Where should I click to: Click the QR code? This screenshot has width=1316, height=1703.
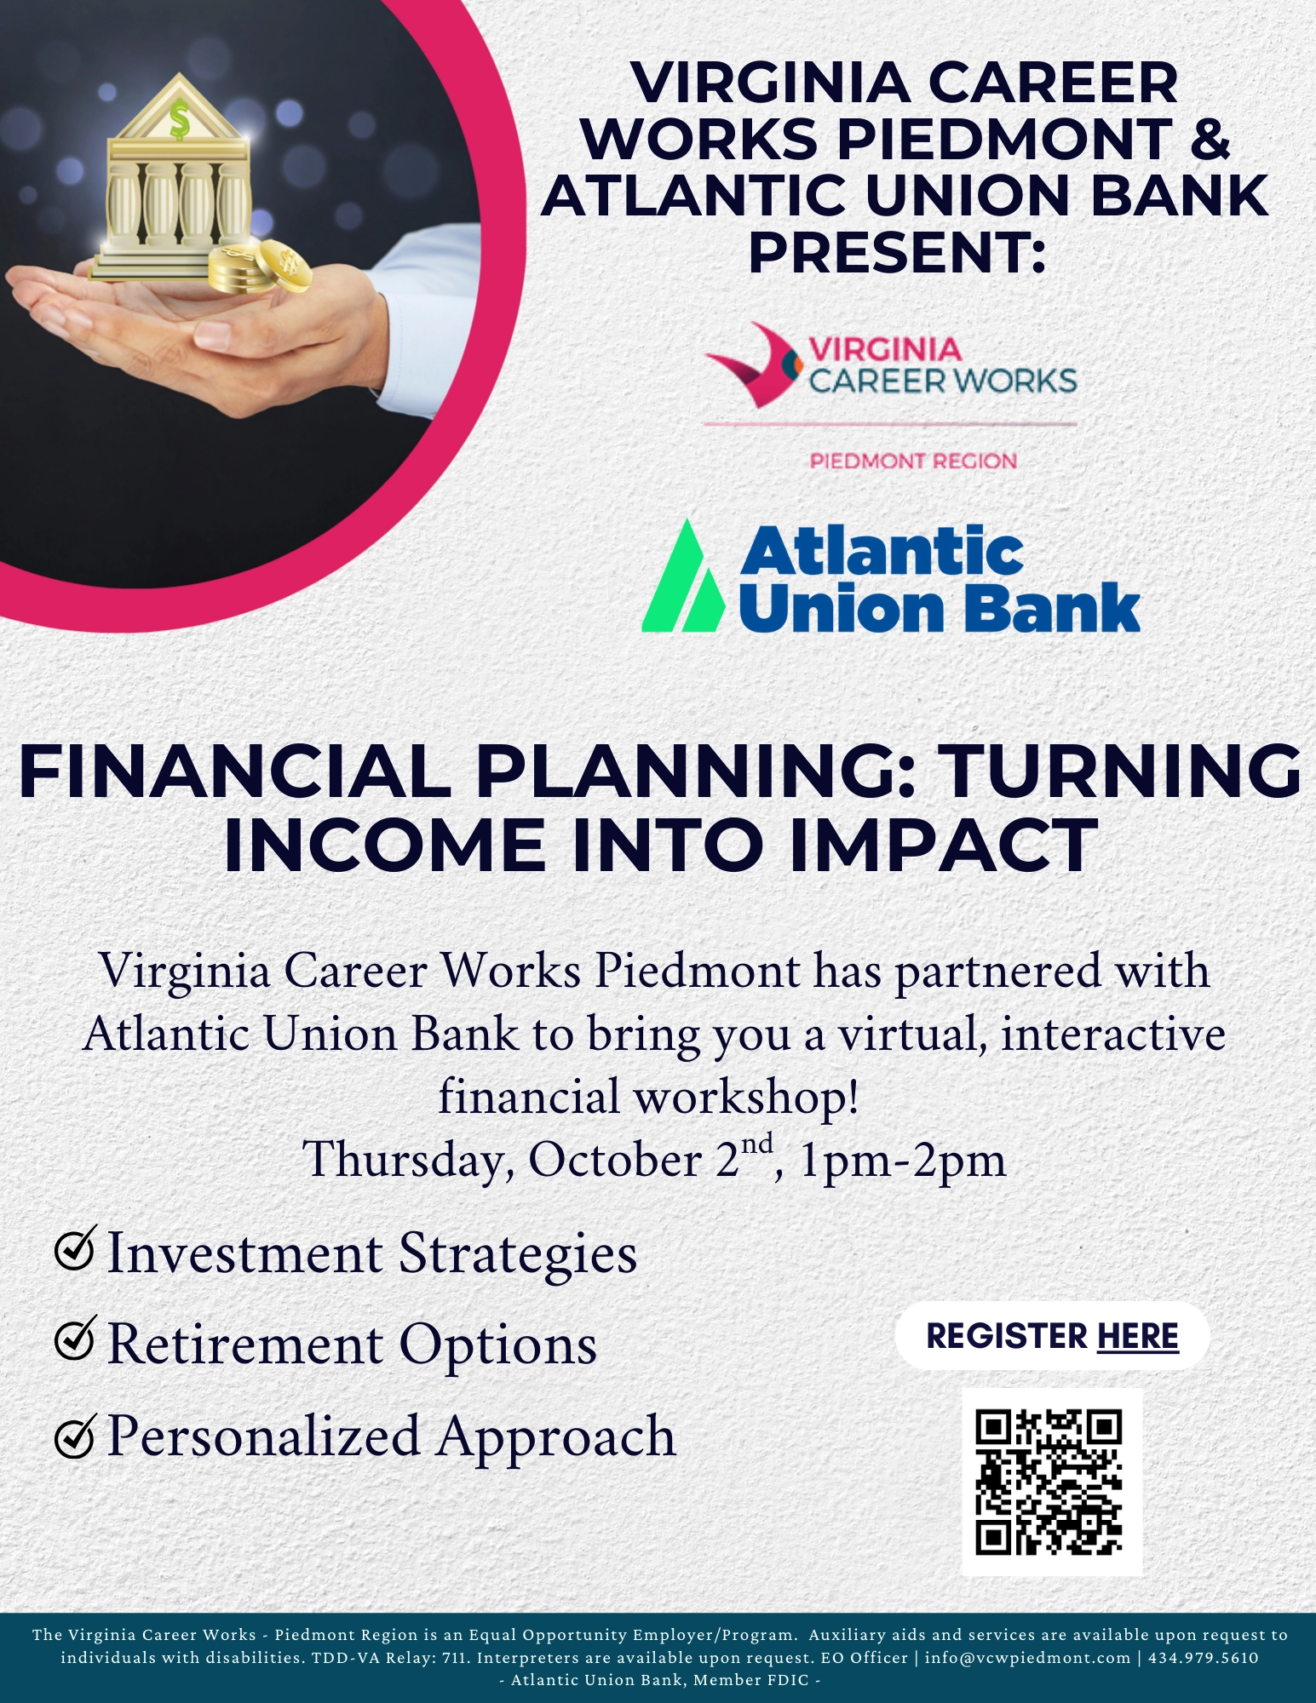pos(1049,1482)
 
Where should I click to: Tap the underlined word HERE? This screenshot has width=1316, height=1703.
pos(1138,1336)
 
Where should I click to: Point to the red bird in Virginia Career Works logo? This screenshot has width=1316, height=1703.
pos(753,363)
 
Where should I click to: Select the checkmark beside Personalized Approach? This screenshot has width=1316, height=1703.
pos(75,1436)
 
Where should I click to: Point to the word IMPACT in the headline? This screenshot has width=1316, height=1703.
pos(942,846)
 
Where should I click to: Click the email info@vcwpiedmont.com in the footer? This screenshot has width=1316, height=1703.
pos(1027,1658)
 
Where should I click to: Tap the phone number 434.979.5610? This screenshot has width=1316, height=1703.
pos(1204,1658)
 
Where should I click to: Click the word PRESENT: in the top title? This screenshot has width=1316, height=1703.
pos(897,253)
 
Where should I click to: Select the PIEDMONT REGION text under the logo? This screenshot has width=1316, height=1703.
pos(913,462)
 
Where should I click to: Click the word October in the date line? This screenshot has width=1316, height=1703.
pos(615,1160)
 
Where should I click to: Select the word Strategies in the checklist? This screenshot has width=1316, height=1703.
pos(518,1255)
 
